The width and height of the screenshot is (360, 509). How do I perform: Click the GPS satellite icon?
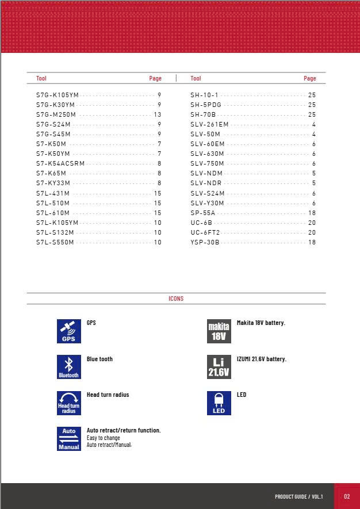coord(68,331)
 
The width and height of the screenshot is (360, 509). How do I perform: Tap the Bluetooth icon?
coord(68,367)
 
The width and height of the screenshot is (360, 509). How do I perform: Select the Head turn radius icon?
coord(68,403)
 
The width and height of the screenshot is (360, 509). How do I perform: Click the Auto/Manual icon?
coord(68,439)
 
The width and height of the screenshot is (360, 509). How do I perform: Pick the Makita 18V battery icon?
coord(219,331)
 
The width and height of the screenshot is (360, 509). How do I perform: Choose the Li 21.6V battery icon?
coord(219,367)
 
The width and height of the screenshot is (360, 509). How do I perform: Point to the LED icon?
coord(219,403)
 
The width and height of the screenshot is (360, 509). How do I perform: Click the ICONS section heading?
coord(176,298)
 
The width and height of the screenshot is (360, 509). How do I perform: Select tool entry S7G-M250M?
coord(56,114)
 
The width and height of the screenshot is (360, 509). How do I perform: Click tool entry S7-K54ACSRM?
coord(60,163)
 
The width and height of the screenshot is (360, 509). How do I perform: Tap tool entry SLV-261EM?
coord(209,124)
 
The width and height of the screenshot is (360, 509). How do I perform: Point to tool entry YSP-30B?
coord(205,242)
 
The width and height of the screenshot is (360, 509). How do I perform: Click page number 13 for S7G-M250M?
coord(158,114)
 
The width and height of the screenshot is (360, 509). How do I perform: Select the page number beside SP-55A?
coord(312,213)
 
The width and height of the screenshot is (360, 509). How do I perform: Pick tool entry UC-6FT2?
coord(205,232)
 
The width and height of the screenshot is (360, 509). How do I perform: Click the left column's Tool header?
coord(41,78)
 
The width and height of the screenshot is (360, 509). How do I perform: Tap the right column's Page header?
coord(309,78)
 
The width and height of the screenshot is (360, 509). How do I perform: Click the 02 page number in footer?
coord(347,496)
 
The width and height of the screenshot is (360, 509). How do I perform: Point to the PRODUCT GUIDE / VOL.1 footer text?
coord(298,496)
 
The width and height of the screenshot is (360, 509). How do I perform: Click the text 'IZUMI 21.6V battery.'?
coord(261,359)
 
